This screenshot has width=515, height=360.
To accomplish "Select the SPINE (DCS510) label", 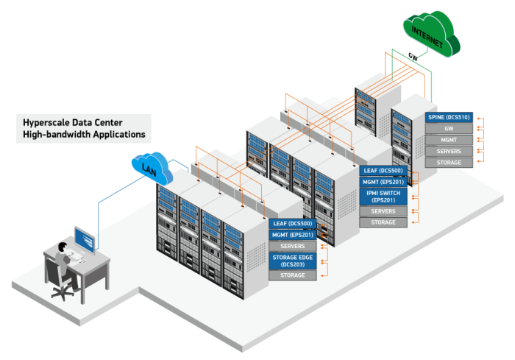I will (447, 116).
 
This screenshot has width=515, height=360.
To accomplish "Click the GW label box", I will (447, 128).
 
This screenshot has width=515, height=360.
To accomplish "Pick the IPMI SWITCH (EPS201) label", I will (383, 195).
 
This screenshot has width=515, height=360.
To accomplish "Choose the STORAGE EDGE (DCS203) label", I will (293, 260).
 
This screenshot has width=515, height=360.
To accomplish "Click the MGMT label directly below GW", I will (447, 139).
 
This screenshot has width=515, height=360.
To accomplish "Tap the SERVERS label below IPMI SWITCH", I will (383, 211).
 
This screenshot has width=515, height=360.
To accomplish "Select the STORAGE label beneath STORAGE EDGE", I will (293, 275).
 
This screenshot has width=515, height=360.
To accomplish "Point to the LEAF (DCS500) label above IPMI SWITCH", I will (383, 170).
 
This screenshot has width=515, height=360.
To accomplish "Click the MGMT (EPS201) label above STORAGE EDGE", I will (293, 234).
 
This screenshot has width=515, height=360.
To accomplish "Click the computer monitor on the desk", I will (84, 240).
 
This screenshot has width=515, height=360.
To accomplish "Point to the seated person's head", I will (65, 247).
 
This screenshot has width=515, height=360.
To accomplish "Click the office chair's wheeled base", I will (62, 292).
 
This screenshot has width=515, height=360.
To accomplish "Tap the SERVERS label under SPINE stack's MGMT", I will (447, 151).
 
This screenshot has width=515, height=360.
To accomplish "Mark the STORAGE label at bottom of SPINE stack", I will (447, 162).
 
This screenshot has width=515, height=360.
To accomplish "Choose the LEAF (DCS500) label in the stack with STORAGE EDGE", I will (293, 223).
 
